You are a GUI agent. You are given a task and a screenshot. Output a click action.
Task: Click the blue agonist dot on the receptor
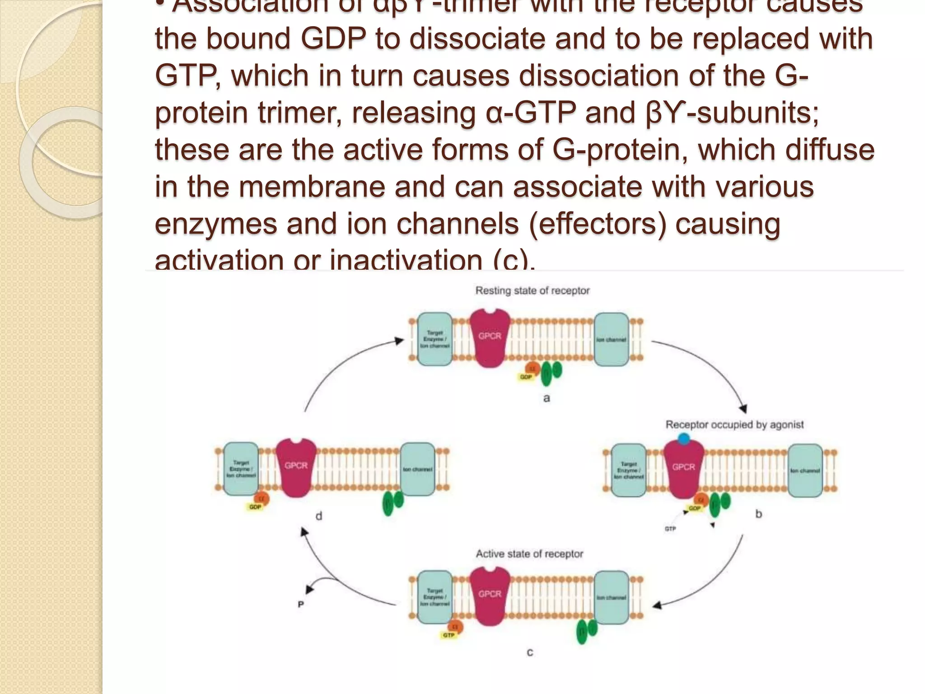click(x=684, y=438)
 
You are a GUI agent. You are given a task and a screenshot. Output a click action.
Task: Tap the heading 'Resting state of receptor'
click(x=533, y=291)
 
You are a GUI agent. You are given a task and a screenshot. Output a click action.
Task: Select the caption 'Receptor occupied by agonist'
click(x=734, y=425)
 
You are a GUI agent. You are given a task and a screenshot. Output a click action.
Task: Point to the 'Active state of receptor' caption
click(x=529, y=553)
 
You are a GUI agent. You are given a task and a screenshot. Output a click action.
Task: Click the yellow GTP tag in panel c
click(x=448, y=635)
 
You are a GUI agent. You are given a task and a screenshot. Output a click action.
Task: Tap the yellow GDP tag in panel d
click(x=255, y=507)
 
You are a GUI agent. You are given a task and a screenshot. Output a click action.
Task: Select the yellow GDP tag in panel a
click(x=526, y=377)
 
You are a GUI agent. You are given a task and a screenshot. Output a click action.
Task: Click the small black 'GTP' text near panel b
click(x=670, y=529)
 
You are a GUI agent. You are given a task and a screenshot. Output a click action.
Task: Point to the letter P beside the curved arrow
click(x=301, y=604)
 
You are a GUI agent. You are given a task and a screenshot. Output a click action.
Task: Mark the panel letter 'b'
click(x=758, y=514)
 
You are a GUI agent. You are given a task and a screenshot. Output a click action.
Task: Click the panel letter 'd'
click(x=319, y=516)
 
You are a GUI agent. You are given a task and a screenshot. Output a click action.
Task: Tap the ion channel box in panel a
click(x=611, y=339)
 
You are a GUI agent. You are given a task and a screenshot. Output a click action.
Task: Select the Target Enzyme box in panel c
click(x=434, y=597)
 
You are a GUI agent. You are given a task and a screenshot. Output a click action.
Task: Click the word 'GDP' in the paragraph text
click(x=333, y=38)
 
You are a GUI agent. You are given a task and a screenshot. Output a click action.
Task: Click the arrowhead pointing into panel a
click(x=399, y=341)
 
